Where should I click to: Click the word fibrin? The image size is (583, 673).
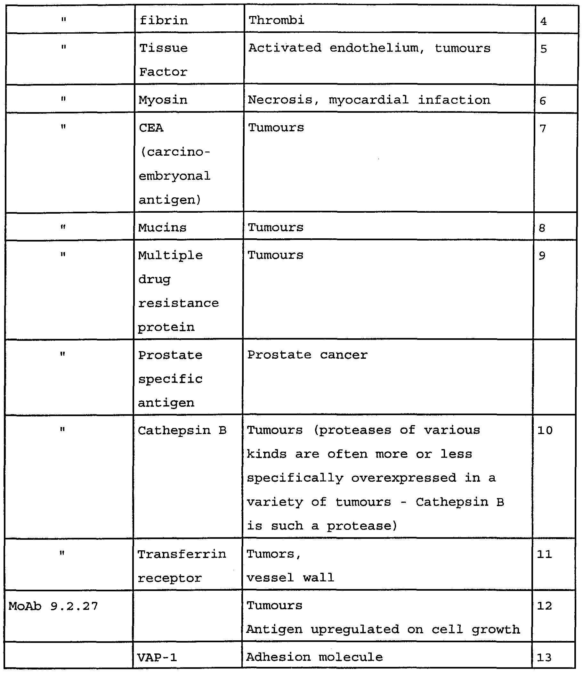click(164, 21)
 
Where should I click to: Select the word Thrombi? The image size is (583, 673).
click(277, 20)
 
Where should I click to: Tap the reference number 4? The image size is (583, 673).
click(543, 21)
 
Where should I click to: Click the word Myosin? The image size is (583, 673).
click(163, 100)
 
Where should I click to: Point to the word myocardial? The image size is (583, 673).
click(368, 100)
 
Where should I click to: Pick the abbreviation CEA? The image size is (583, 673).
click(151, 128)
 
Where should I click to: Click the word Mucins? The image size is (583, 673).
click(162, 227)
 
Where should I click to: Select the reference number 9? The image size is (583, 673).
click(542, 256)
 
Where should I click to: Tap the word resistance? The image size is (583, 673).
click(178, 303)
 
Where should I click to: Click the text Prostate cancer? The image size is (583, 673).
click(307, 355)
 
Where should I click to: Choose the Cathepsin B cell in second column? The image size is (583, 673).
click(182, 431)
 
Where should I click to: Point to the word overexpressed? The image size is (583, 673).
click(404, 478)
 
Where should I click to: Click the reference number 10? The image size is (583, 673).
click(545, 431)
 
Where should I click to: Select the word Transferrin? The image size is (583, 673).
click(182, 554)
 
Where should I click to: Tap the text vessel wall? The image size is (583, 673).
click(290, 578)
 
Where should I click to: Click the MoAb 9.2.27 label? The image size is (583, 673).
click(53, 606)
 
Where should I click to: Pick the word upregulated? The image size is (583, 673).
click(355, 629)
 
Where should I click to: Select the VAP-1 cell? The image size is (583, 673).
click(157, 657)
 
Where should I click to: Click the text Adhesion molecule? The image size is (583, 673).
click(314, 657)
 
